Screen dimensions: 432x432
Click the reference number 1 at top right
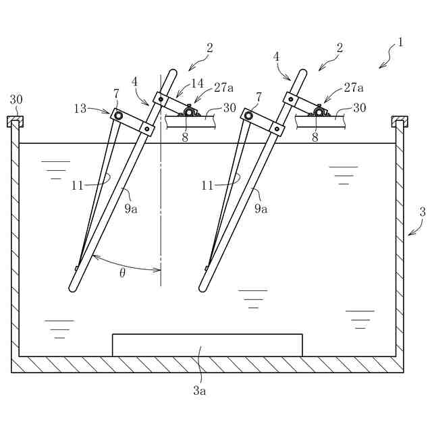pos(400,43)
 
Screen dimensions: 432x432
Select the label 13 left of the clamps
pos(80,109)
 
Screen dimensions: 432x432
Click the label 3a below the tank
pos(199,391)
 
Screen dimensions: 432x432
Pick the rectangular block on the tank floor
pos(207,344)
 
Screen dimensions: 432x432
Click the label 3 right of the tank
pos(423,211)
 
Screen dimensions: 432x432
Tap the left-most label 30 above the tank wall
pos(16,99)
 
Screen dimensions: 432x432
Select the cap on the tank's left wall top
pos(15,122)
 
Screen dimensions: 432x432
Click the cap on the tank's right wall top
pos(400,122)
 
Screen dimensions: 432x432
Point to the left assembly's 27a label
pos(223,87)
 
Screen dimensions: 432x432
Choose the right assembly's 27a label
pos(353,87)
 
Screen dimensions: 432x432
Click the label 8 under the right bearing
pos(315,136)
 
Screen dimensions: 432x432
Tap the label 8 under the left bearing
pos(185,136)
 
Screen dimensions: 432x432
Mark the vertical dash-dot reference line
pos(161,202)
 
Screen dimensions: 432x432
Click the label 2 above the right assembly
pos(340,47)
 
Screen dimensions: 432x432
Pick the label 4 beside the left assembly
pos(135,81)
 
